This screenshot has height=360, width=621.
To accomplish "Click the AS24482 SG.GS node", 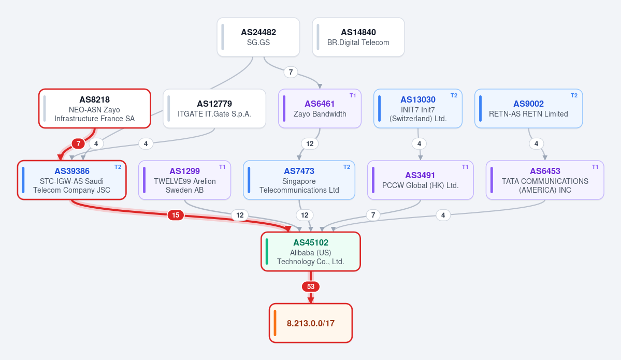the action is pos(258,37).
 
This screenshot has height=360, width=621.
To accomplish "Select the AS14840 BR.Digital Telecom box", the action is pos(358,37).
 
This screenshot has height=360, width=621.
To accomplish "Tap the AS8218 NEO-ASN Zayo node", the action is pos(95,108).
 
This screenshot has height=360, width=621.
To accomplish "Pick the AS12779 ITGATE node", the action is pos(214,108).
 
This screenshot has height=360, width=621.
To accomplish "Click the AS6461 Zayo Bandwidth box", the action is pos(320,108).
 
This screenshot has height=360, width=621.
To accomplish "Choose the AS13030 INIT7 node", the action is pos(418,108).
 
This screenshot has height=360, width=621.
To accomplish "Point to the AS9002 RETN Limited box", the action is pos(529,108).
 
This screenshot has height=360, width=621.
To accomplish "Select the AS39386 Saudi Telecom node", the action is pos(71,180).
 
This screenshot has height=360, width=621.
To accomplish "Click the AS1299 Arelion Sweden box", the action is pos(184,180).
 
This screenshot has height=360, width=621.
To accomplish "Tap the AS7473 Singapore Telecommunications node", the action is pos(299,180).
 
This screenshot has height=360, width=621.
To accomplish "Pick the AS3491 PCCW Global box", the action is pos(420,180).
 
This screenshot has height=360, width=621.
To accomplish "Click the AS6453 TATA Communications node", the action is pos(545,180).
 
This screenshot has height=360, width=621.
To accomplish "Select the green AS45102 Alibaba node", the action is pos(311,252).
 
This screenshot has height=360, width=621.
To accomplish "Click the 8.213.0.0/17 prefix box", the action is pos(311,323).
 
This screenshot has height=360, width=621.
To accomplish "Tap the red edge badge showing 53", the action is pos(311,287).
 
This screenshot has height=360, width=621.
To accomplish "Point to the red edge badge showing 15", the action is pos(176,215).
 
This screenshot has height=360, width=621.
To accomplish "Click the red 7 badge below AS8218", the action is pos(78,143).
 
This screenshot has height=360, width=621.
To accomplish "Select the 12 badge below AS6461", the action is pos(310,144).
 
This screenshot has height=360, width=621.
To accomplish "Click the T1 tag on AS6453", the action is pos(595,167).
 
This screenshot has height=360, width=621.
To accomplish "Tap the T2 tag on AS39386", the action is pos(118,167).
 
